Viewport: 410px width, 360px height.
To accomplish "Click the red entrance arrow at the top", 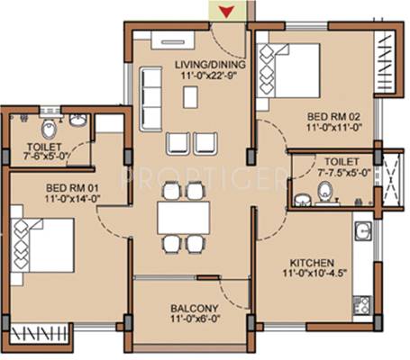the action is [226, 12].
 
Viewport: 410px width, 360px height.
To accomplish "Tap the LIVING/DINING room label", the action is [210, 65].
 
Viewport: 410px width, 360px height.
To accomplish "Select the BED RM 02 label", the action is [333, 116].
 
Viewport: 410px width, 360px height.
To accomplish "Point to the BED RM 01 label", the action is [72, 188].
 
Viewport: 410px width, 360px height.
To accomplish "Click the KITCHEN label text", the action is [312, 263].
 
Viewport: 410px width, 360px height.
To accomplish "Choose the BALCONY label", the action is [195, 309].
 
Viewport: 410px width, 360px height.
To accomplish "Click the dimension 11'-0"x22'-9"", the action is [209, 76].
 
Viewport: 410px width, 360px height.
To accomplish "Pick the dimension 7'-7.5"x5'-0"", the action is [344, 173].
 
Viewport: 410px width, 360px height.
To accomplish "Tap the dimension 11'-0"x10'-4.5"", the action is [314, 274].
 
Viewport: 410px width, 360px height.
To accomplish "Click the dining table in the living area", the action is [183, 218].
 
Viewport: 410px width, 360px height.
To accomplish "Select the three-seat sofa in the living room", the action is [150, 99].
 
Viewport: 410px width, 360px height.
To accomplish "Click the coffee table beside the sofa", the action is [190, 97].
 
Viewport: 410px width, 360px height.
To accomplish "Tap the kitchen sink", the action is [363, 231].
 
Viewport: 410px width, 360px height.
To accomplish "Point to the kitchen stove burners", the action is [361, 304].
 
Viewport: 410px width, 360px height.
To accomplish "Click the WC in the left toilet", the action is [49, 130].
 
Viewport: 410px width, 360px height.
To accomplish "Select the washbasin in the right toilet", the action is [300, 201].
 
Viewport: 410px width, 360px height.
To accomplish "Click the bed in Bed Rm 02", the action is [287, 71].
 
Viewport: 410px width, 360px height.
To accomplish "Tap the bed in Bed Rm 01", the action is [42, 246].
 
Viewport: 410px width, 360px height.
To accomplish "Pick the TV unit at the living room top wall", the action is [173, 40].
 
